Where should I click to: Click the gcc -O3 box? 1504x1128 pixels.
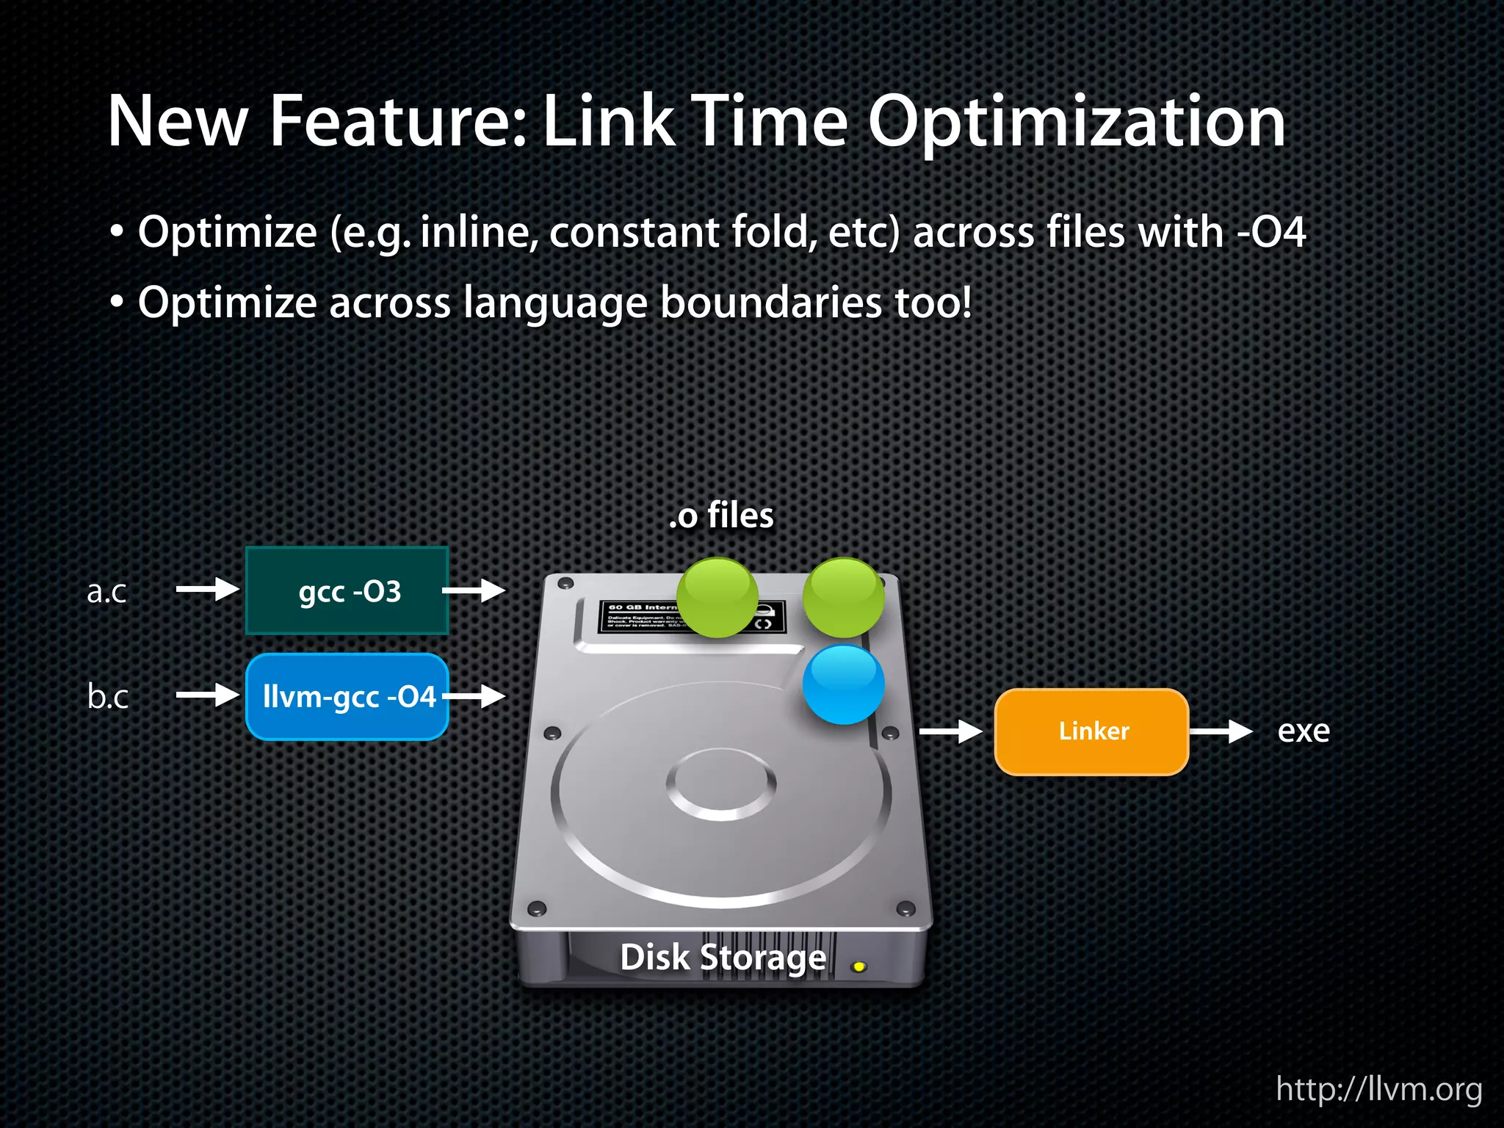[x=347, y=590]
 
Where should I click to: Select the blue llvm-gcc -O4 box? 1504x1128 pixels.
[x=347, y=696]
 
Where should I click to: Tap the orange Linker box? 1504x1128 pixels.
[x=1091, y=731]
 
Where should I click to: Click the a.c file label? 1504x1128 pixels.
[x=106, y=591]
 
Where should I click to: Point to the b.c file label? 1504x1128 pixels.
[x=107, y=696]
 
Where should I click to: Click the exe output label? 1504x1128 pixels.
[x=1304, y=731]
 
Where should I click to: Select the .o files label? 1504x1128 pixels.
[x=721, y=516]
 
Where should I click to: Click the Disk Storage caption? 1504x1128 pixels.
[x=723, y=958]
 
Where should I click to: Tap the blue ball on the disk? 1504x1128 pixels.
[x=843, y=684]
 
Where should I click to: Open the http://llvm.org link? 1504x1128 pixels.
[x=1378, y=1088]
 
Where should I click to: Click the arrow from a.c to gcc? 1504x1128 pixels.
[x=208, y=589]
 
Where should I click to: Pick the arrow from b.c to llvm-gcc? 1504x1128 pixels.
[x=208, y=695]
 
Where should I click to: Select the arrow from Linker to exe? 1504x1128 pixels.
[x=1221, y=731]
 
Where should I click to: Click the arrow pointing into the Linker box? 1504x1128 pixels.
[x=951, y=731]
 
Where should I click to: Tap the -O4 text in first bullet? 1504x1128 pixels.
[x=1271, y=233]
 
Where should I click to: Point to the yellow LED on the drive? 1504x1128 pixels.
[x=858, y=966]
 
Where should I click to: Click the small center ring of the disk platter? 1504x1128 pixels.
[x=721, y=784]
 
